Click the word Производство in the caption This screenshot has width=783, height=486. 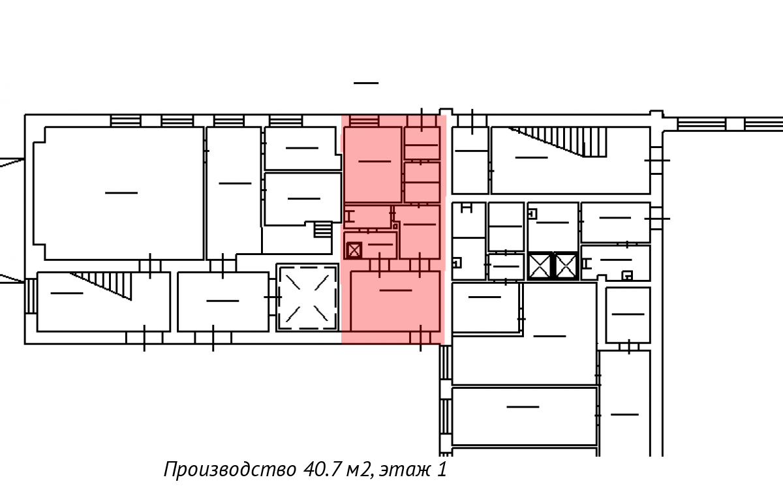[230, 470]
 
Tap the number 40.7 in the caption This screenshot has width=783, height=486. [322, 469]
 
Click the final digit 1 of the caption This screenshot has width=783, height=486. [442, 469]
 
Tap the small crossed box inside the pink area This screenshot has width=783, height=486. [354, 251]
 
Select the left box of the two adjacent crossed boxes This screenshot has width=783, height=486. [540, 266]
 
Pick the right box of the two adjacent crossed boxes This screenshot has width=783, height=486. [566, 266]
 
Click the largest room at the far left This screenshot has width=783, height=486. [119, 193]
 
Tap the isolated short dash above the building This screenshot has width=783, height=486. [366, 83]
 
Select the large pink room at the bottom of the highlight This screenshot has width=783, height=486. [395, 301]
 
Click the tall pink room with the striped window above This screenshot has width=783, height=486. [373, 164]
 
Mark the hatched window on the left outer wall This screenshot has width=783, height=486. [31, 296]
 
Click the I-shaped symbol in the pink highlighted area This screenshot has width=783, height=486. [350, 217]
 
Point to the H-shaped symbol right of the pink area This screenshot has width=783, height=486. [467, 209]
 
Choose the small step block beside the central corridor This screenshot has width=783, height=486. [323, 230]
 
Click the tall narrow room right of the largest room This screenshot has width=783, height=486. [234, 193]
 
